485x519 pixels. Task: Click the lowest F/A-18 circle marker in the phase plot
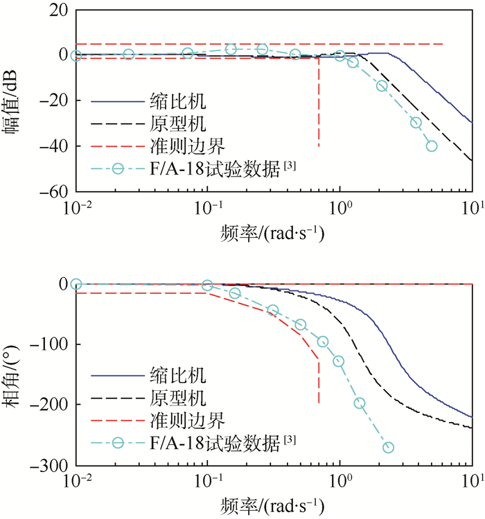(388, 448)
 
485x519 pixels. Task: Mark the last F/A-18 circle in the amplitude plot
(431, 146)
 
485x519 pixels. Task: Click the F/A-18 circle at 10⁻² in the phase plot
(76, 284)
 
